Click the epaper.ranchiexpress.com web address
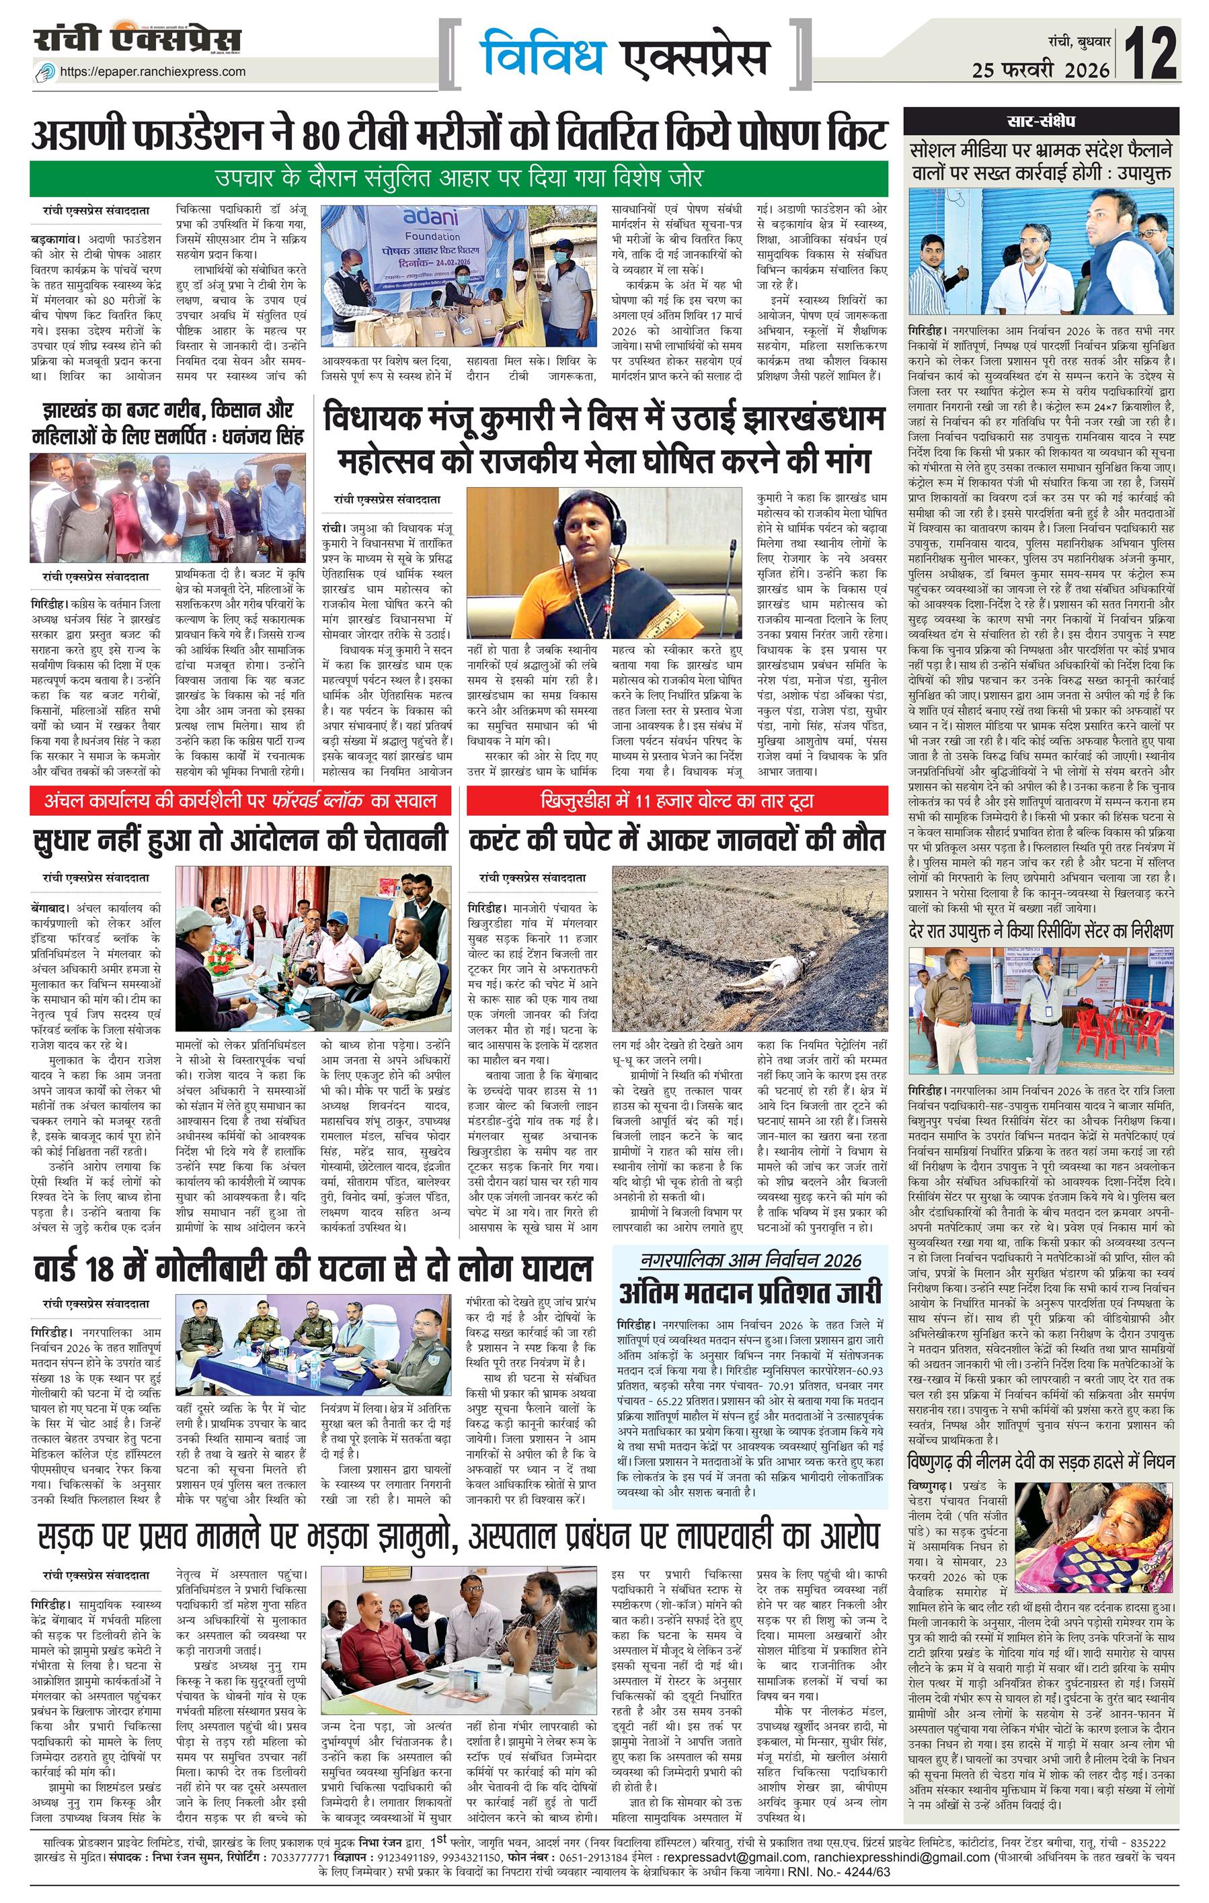click(152, 72)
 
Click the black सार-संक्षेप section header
click(1041, 122)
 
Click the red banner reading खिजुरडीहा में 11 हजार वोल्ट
click(677, 802)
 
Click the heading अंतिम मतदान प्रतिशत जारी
click(750, 1292)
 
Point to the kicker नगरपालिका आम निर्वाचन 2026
click(750, 1260)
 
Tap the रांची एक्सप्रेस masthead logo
click(138, 40)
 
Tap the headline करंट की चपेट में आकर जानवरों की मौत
click(677, 839)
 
